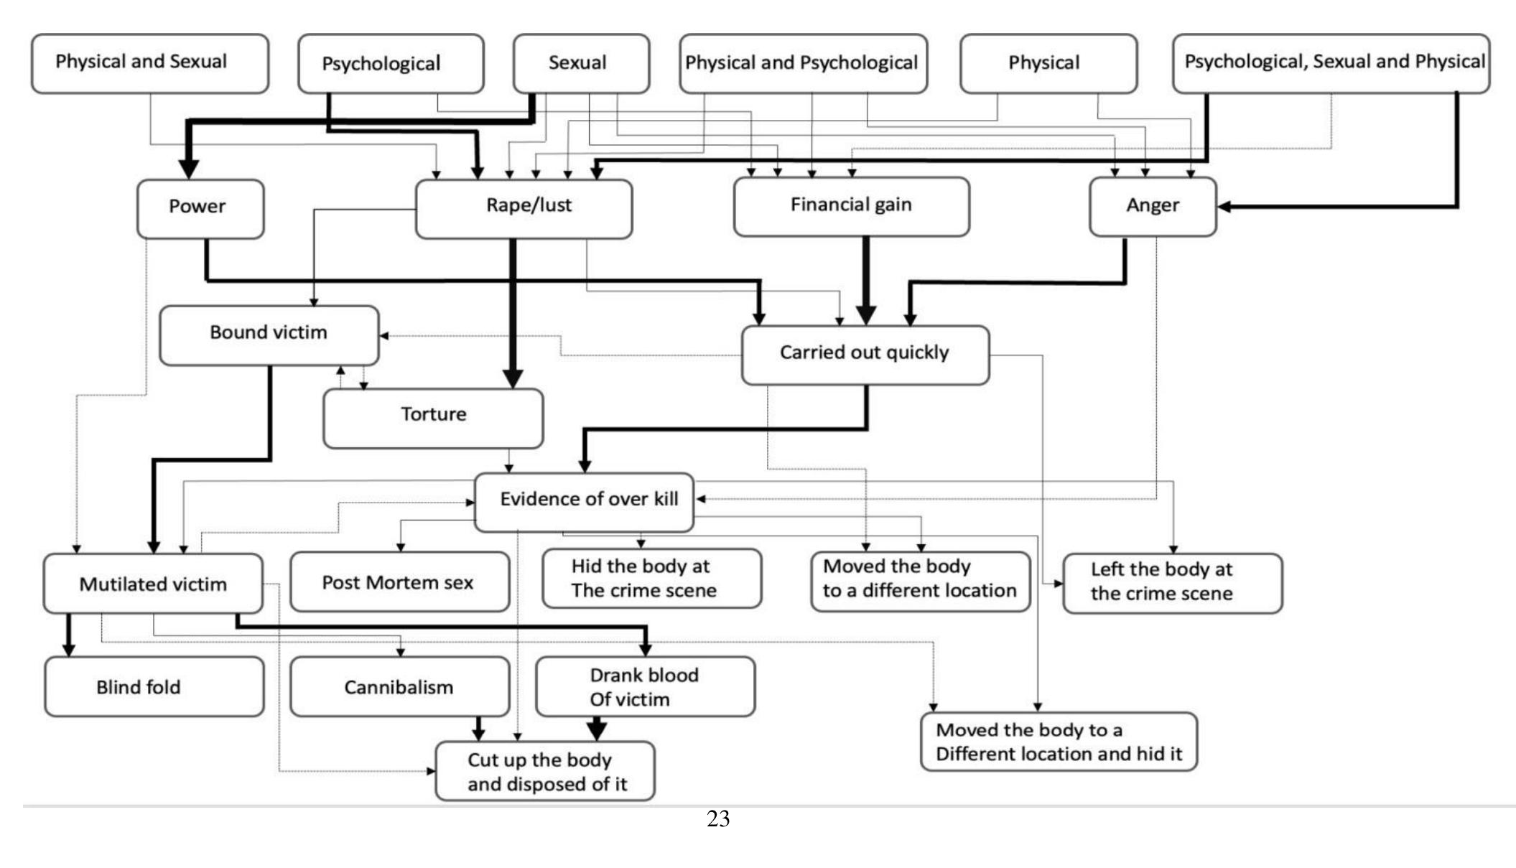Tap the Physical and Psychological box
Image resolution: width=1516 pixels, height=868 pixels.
tap(802, 63)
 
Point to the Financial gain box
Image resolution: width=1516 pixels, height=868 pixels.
tap(851, 207)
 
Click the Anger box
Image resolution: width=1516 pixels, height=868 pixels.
tap(1152, 207)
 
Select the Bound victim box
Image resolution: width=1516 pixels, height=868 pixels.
tap(269, 335)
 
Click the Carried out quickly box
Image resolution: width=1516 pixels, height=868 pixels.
tap(865, 355)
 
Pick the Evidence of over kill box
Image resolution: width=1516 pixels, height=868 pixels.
tap(584, 501)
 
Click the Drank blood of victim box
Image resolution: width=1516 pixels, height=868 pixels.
tap(644, 686)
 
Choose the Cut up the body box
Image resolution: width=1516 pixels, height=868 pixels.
tap(544, 771)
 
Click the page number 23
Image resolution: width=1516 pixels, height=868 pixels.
tap(717, 818)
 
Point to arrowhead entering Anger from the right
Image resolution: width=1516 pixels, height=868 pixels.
tap(1224, 207)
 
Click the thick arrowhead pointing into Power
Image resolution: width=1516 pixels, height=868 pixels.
tap(188, 169)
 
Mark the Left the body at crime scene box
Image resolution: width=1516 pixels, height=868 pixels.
tap(1171, 583)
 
